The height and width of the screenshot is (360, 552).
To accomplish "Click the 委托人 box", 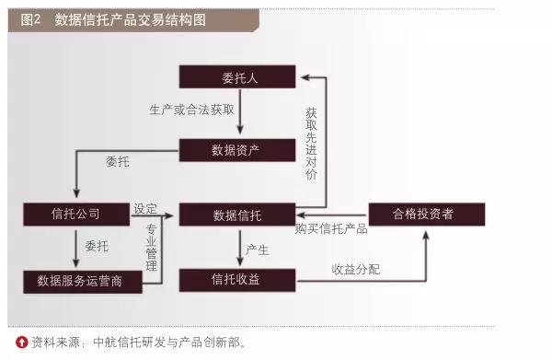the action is [x=237, y=76].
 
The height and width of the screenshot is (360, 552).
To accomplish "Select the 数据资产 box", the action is [x=237, y=150].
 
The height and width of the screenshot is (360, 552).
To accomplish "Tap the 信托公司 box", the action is [x=76, y=215].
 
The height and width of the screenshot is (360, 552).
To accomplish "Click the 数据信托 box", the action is [x=237, y=215].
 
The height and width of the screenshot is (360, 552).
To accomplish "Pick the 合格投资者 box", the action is [x=427, y=215].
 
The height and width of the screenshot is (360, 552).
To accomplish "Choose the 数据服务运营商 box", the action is [x=83, y=282].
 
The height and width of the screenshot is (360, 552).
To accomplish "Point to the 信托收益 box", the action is [x=237, y=281].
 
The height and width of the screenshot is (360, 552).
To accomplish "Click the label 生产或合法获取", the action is [x=192, y=110].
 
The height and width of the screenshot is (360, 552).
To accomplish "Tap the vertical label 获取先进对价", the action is [x=311, y=144].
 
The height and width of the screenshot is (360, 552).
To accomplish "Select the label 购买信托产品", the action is [x=331, y=229].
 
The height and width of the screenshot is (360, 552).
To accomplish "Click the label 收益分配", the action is [x=356, y=270].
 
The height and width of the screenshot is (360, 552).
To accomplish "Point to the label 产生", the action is [x=258, y=250].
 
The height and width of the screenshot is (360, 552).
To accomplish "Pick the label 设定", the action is [x=145, y=208].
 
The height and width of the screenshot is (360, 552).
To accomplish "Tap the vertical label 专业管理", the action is [x=152, y=248].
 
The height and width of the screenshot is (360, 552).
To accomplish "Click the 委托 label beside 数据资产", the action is [x=118, y=162].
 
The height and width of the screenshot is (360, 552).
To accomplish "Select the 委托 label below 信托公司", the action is [x=97, y=246].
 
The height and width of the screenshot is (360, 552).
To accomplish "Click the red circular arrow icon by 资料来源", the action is [x=21, y=342].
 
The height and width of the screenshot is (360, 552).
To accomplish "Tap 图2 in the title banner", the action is [x=30, y=19].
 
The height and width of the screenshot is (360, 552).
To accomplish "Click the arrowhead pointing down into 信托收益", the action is [x=240, y=261].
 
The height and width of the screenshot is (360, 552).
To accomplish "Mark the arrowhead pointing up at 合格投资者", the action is [x=426, y=236].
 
